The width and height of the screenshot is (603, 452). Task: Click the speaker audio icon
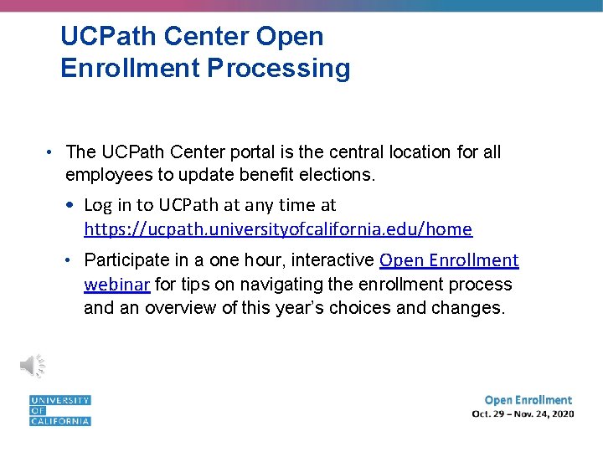[33, 365]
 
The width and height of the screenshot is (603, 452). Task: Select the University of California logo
[59, 410]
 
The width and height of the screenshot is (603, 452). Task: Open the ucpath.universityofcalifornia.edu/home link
[278, 229]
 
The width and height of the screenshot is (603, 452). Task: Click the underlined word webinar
[116, 285]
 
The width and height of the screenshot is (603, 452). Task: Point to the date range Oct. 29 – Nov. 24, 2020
[523, 414]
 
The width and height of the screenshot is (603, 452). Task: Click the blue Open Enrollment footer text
[528, 400]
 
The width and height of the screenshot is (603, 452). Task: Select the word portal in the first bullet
[283, 152]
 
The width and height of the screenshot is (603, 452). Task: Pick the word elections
[341, 174]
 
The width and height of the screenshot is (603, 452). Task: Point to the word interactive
[332, 261]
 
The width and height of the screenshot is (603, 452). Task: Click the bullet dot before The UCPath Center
[51, 152]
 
